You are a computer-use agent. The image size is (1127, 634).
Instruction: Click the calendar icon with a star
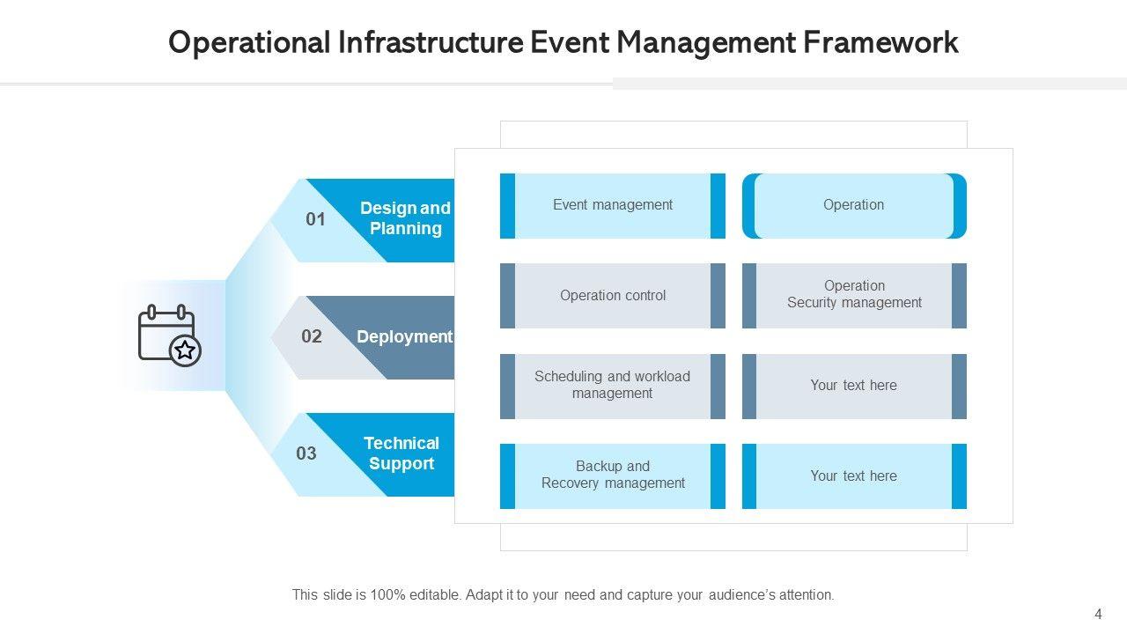pos(169,335)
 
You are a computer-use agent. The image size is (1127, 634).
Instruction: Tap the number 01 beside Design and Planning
pos(315,219)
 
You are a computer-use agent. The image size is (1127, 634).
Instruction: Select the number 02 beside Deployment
pos(312,336)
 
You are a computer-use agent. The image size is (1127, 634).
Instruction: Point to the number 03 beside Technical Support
pos(306,453)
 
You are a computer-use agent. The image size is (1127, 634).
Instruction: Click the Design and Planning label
pos(405,218)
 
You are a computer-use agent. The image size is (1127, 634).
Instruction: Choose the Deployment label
pos(404,336)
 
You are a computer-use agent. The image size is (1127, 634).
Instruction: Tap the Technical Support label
pos(401,453)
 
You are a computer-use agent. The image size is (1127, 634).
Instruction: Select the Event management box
pos(613,205)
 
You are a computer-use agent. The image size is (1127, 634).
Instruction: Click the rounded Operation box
pos(854,205)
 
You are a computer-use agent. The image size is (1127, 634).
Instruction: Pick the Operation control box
pos(613,296)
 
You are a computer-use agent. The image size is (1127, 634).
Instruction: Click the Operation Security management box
pos(854,295)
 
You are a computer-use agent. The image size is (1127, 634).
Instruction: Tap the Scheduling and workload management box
pos(613,386)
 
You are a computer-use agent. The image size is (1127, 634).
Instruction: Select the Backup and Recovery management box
pos(613,475)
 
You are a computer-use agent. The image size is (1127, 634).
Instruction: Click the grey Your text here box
pos(854,386)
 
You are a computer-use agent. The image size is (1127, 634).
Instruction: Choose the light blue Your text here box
pos(854,476)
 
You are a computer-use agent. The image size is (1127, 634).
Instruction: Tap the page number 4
pos(1098,615)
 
